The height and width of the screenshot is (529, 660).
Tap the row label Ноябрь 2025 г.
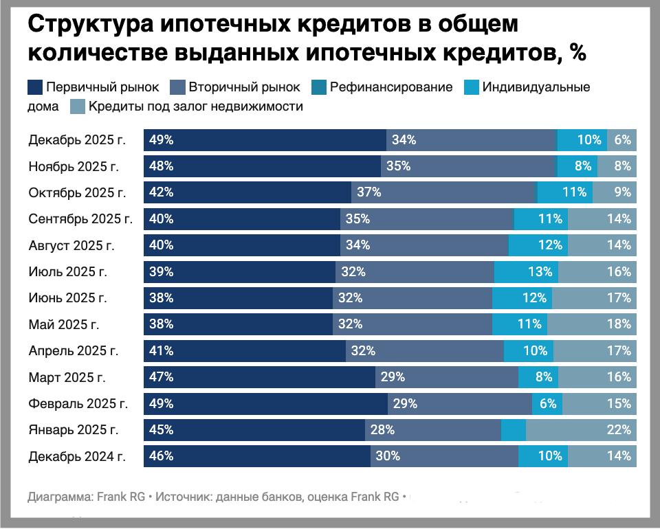74,166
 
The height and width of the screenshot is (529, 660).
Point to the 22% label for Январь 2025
619,430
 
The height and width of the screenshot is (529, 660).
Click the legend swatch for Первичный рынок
35,87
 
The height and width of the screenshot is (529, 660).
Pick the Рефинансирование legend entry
390,87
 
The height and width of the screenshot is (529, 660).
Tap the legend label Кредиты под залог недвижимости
195,106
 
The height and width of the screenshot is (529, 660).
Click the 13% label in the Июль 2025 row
540,271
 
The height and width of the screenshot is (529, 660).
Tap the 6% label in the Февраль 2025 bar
548,403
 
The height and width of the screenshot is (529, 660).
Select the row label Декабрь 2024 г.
77,456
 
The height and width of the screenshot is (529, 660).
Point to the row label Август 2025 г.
71,245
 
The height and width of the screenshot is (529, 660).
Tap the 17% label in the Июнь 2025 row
619,298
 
